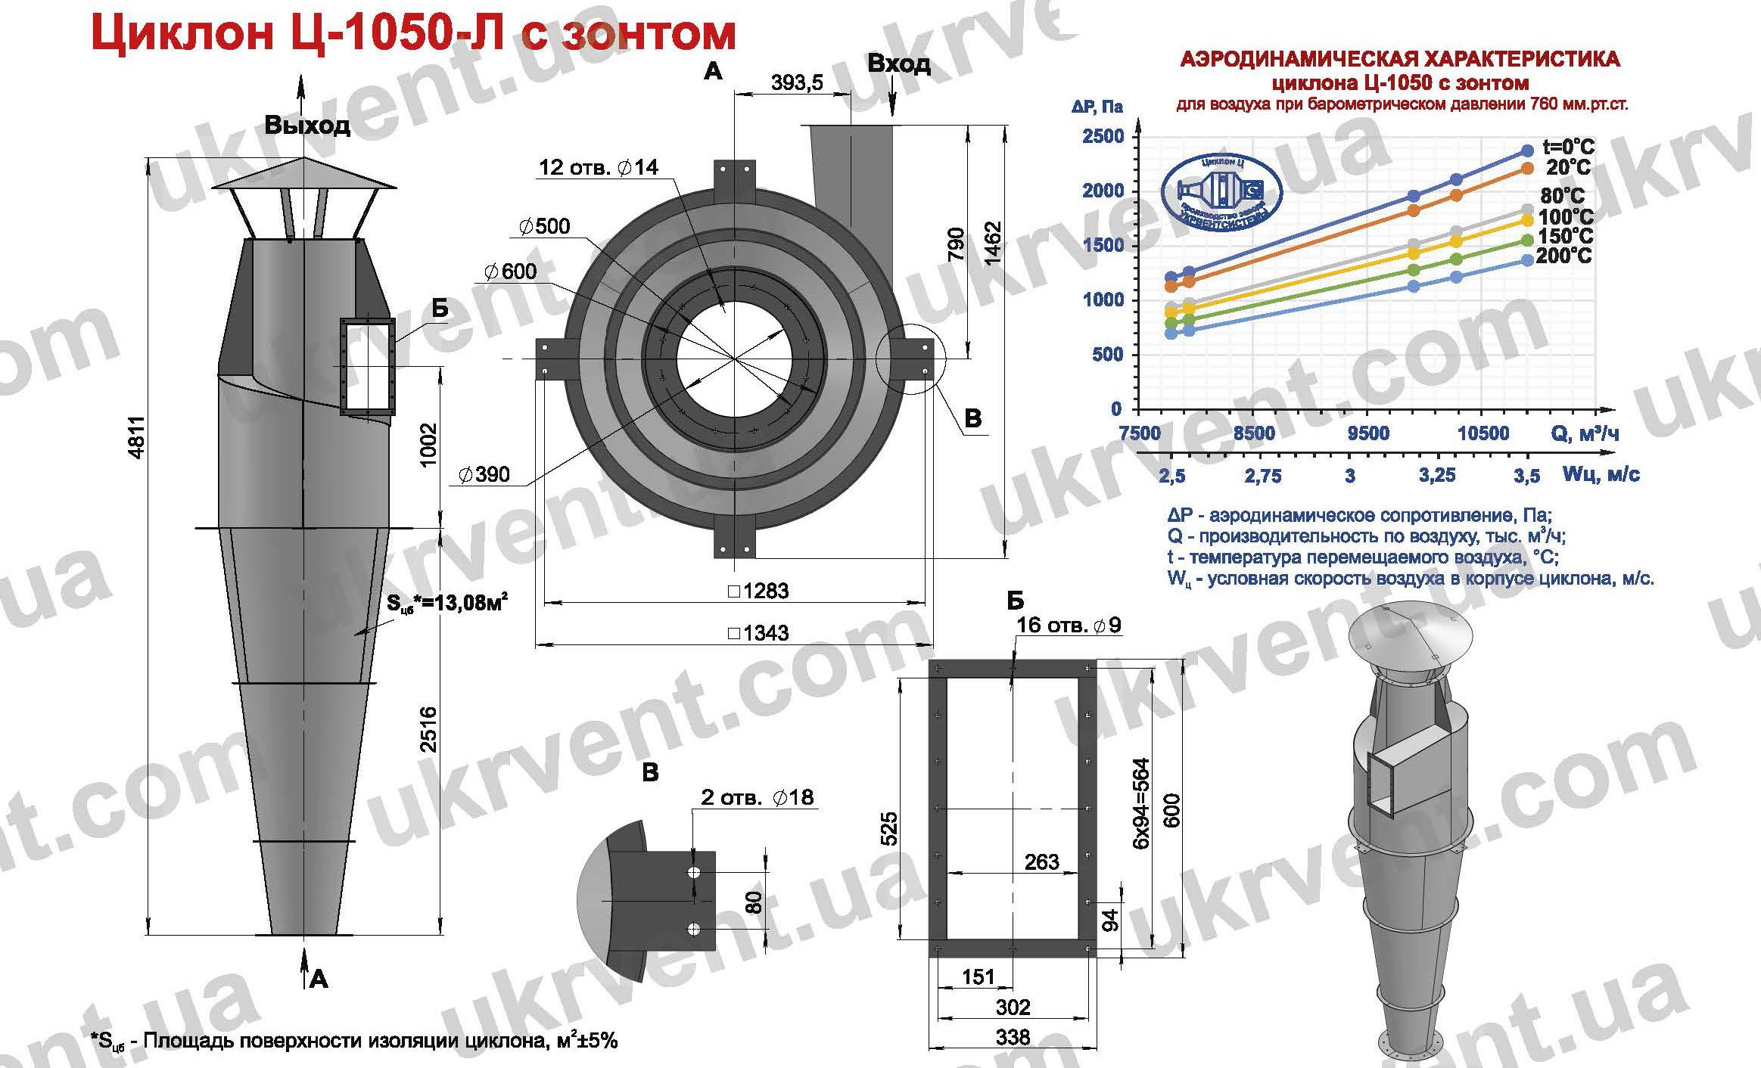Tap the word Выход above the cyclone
306,125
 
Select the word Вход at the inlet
898,64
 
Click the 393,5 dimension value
796,82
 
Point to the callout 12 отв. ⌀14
598,166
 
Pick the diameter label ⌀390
484,474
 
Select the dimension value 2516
429,729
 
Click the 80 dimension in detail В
754,902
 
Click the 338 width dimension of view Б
1013,1036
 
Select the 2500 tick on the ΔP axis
1103,136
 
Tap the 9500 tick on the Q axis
1368,433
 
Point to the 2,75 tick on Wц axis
1263,476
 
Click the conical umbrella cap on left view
304,175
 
